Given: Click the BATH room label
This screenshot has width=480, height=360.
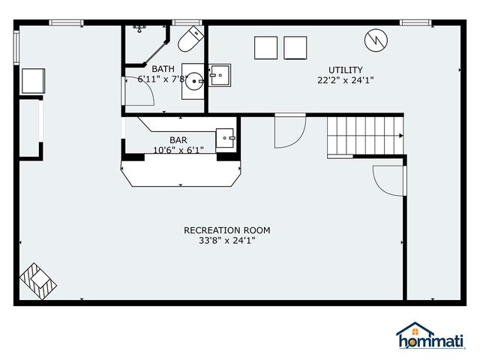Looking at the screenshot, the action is (163, 69).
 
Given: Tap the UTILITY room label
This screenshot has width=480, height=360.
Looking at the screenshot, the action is (345, 70).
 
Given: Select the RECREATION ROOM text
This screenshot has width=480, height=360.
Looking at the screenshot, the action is (226, 230).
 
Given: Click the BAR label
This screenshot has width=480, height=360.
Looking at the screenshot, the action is (178, 140).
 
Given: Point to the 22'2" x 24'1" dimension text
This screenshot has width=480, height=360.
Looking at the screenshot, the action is (345, 80).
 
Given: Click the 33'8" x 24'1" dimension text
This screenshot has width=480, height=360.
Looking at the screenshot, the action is (226, 241).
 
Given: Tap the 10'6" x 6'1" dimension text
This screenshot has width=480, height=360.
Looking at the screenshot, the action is (178, 150).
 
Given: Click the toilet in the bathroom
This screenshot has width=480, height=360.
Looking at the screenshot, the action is (190, 39).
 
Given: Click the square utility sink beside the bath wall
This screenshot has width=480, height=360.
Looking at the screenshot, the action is (220, 75).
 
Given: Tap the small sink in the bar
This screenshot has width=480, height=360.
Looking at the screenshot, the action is (226, 138).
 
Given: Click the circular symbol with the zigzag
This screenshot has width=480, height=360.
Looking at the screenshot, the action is (376, 40).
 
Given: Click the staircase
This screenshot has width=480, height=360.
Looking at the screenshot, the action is (365, 136).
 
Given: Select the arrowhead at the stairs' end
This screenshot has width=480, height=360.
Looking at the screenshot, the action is (401, 136).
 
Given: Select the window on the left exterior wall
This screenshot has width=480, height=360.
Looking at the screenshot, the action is (16, 47).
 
